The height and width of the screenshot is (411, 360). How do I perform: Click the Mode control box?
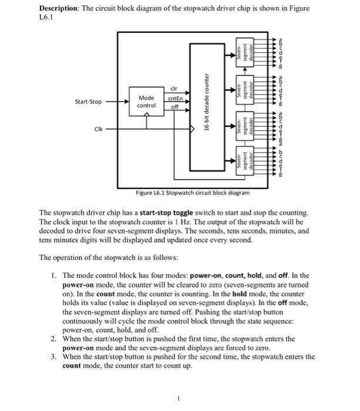(146, 102)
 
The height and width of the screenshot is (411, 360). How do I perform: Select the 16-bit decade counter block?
(207, 106)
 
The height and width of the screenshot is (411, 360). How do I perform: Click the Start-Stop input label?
(88, 102)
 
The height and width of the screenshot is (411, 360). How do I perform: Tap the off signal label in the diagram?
(173, 107)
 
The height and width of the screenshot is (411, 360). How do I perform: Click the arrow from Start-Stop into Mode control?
(120, 102)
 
